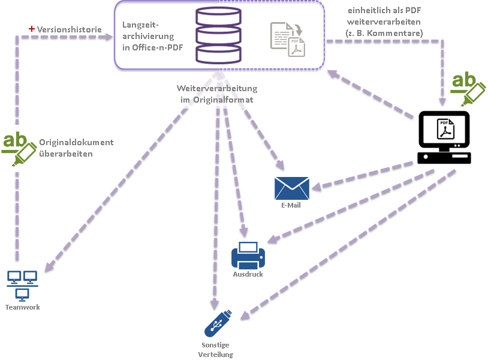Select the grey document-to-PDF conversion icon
288,38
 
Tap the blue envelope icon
292,188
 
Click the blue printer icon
248,255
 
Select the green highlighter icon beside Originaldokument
19,149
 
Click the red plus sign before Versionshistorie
31,29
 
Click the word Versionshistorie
69,29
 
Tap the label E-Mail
291,205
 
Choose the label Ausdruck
248,274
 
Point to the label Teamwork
22,307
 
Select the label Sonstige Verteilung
215,349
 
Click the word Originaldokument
76,142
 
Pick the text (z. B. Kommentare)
384,33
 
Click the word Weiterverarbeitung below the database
217,89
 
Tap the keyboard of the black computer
444,158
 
